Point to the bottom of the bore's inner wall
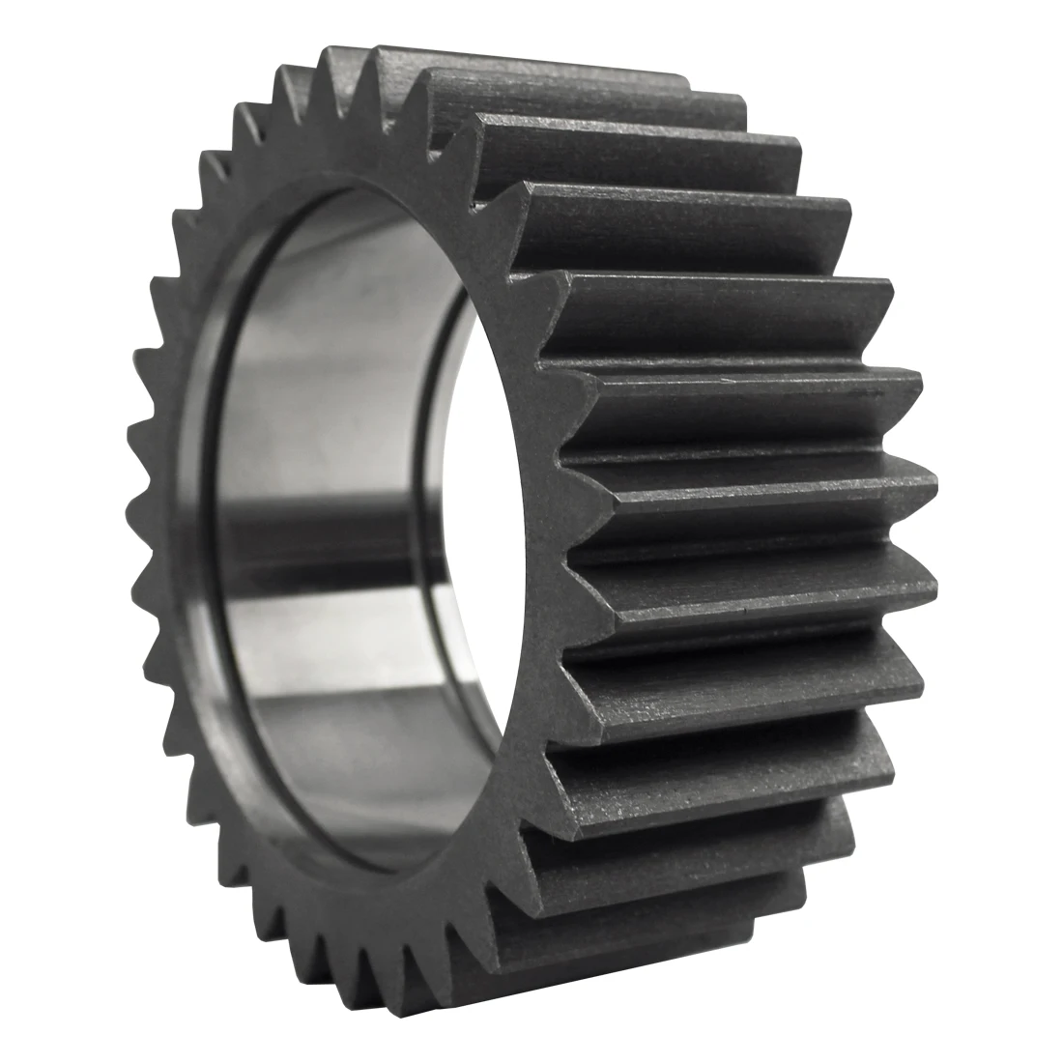[358, 812]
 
